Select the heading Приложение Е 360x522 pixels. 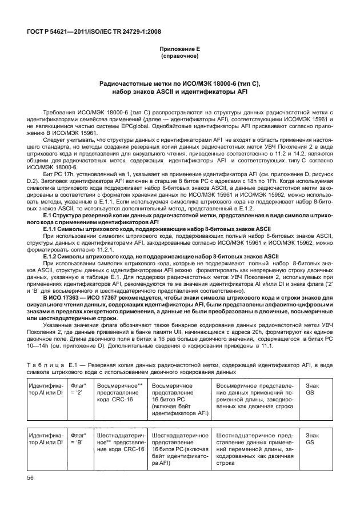point(179,49)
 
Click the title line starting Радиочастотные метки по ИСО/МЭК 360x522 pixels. point(179,83)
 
